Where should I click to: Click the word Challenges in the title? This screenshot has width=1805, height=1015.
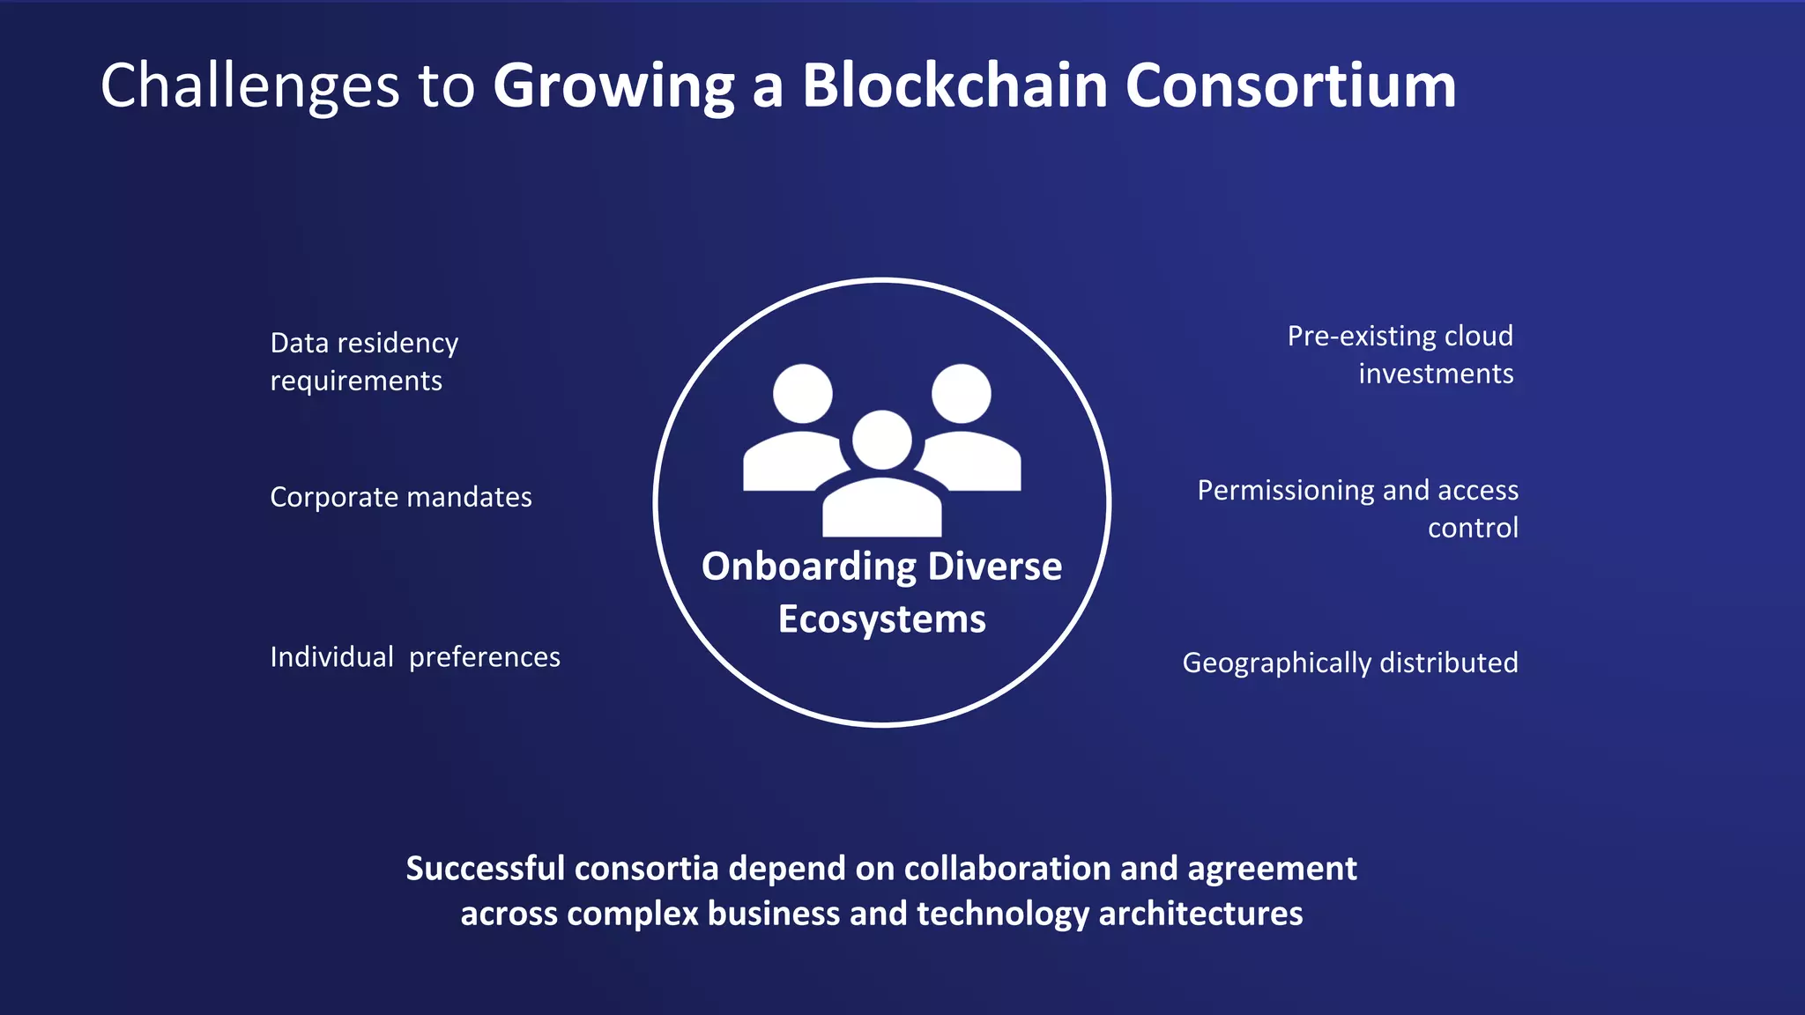point(250,86)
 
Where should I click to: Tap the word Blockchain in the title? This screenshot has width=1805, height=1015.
point(954,86)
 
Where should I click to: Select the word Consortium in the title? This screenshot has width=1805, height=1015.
point(1290,86)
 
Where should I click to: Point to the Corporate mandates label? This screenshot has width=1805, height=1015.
point(401,497)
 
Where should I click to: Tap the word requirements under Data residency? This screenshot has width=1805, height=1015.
point(356,382)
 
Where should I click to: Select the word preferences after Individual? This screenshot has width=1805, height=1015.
point(484,657)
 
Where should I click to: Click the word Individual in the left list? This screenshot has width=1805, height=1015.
point(331,657)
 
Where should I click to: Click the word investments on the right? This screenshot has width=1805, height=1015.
point(1436,374)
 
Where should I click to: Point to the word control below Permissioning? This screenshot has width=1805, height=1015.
point(1473,529)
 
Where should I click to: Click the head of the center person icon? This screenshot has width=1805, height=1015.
point(882,440)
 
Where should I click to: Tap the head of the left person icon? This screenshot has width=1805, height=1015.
point(803,394)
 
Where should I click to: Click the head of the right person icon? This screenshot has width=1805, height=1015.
point(962,394)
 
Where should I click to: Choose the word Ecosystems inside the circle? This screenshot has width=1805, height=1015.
point(882,619)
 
